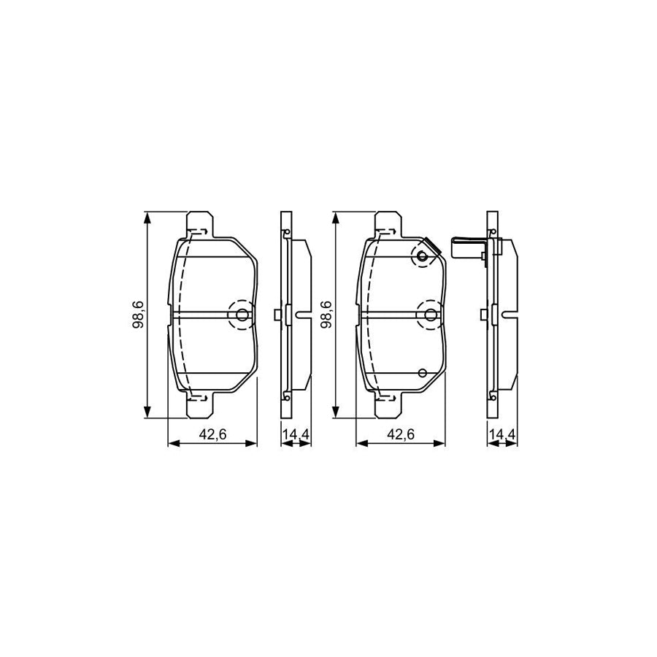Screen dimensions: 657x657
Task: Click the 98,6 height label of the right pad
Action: [x=325, y=315]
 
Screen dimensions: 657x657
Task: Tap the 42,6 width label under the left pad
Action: [x=212, y=434]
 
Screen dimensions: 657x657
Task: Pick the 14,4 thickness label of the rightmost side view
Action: [x=502, y=434]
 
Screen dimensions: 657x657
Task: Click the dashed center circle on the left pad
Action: [x=242, y=315]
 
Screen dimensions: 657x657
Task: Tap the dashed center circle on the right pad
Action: [x=430, y=315]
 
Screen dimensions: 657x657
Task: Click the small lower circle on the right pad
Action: [x=422, y=372]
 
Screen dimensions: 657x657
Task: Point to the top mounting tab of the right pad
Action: [x=387, y=223]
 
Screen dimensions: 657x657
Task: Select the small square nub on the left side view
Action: [x=277, y=315]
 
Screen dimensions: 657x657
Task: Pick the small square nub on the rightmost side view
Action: [x=483, y=315]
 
